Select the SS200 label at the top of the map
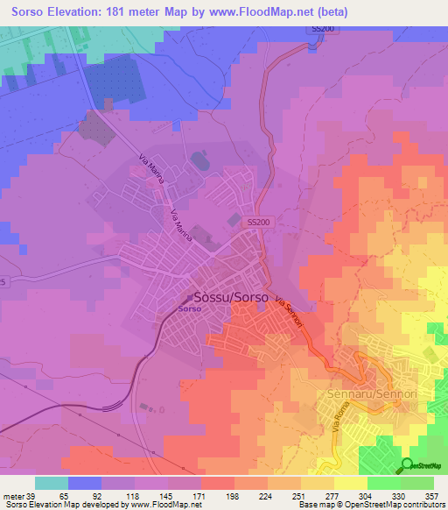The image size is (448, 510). pos(322,29)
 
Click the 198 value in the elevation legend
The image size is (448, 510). pos(217,495)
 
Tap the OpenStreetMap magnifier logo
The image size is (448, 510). pos(407,464)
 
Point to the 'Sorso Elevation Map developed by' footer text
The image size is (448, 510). pos(61,505)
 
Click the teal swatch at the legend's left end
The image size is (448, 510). pos(51,483)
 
